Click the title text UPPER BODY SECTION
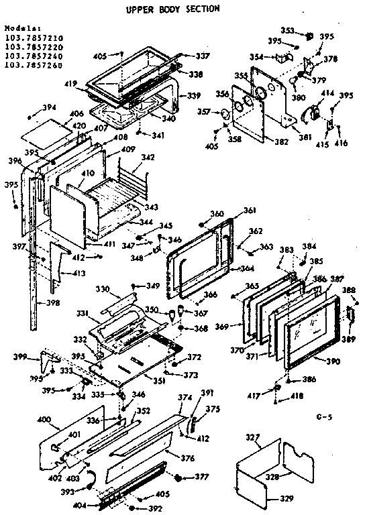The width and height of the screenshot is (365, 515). click(172, 10)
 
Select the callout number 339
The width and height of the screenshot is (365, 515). click(194, 96)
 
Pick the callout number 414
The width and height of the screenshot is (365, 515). click(328, 93)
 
